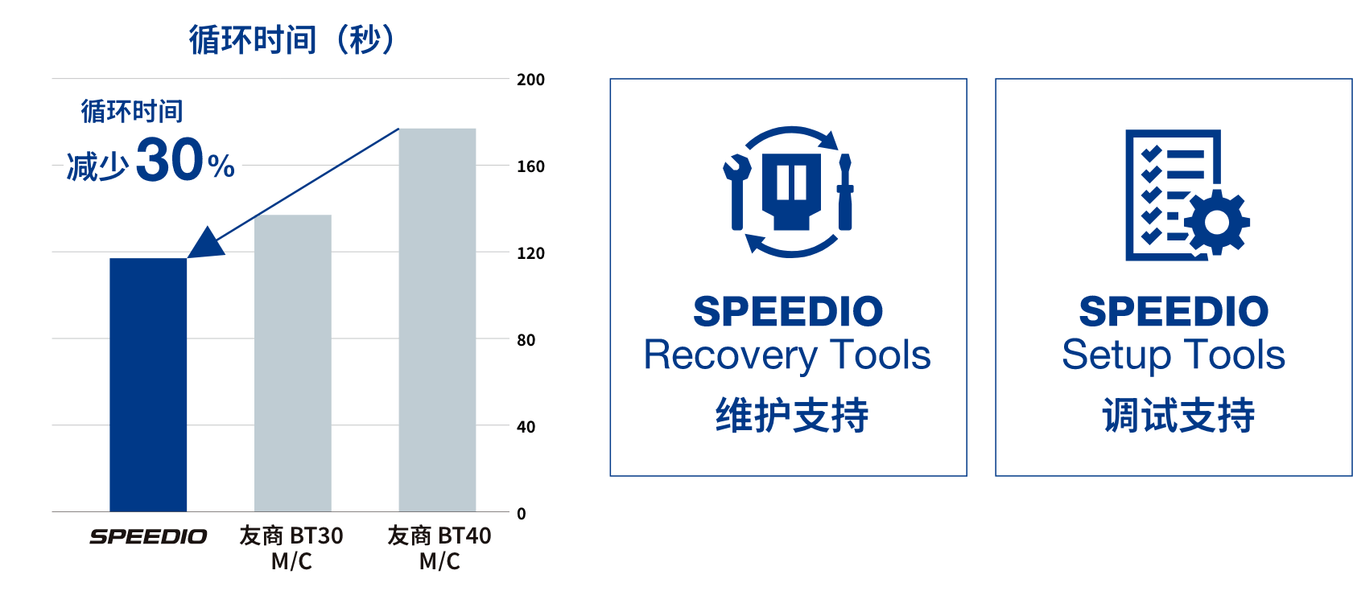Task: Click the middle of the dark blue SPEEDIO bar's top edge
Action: click(148, 258)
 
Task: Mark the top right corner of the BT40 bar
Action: click(476, 129)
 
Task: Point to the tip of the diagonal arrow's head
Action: click(188, 258)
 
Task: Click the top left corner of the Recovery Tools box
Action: click(611, 79)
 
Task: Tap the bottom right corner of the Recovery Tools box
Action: click(967, 475)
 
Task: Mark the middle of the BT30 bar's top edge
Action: click(293, 215)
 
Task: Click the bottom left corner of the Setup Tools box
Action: click(996, 475)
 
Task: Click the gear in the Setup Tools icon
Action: click(1216, 222)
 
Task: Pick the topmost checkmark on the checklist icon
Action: click(1151, 154)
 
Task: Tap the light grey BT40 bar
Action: click(437, 320)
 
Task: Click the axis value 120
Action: click(530, 253)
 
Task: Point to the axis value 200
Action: click(530, 80)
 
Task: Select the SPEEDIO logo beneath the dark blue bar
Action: click(148, 536)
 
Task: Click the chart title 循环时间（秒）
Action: click(291, 40)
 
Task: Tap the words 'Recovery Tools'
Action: click(787, 355)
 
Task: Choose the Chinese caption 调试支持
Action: click(1178, 415)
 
